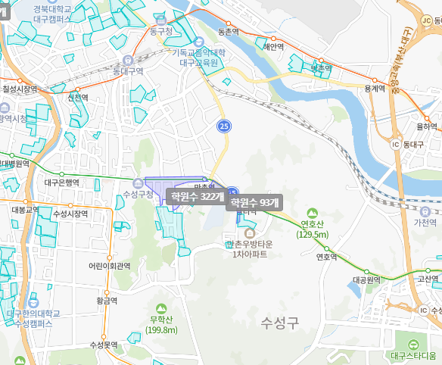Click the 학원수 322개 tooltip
[x=196, y=197]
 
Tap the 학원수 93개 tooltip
[x=254, y=203]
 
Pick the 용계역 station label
[x=375, y=89]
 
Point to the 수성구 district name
[x=280, y=322]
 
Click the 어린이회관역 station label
[x=110, y=266]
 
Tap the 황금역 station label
[x=107, y=301]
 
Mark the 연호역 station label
[x=325, y=256]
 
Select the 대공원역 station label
[x=369, y=279]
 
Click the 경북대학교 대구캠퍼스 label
[x=63, y=13]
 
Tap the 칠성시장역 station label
[x=20, y=89]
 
